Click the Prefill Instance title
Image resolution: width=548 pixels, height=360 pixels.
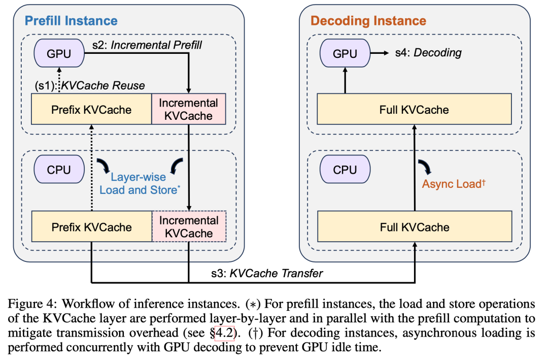pyautogui.click(x=71, y=21)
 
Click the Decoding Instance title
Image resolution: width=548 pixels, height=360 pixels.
pyautogui.click(x=368, y=21)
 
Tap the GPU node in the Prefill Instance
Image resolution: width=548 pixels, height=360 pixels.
pyautogui.click(x=59, y=54)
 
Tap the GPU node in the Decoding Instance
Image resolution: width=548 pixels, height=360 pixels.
pyautogui.click(x=345, y=54)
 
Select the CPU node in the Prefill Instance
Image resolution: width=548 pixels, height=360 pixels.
pyautogui.click(x=59, y=170)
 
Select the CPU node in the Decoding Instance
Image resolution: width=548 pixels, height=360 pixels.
pyautogui.click(x=345, y=170)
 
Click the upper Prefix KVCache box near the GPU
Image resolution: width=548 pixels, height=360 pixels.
pyautogui.click(x=91, y=109)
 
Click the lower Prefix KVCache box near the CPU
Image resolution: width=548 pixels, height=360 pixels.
pyautogui.click(x=91, y=227)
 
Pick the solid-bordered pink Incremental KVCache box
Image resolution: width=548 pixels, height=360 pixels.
pyautogui.click(x=189, y=109)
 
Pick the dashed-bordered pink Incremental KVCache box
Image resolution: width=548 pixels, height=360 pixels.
pyautogui.click(x=189, y=227)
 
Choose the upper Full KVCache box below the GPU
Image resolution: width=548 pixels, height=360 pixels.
pyautogui.click(x=415, y=109)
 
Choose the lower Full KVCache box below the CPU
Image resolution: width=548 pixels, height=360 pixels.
pyautogui.click(x=415, y=227)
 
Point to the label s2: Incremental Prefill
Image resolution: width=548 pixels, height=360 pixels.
pyautogui.click(x=147, y=45)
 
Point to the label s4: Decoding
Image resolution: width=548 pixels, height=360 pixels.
pyautogui.click(x=429, y=52)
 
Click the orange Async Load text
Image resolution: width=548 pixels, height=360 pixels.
pyautogui.click(x=454, y=184)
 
